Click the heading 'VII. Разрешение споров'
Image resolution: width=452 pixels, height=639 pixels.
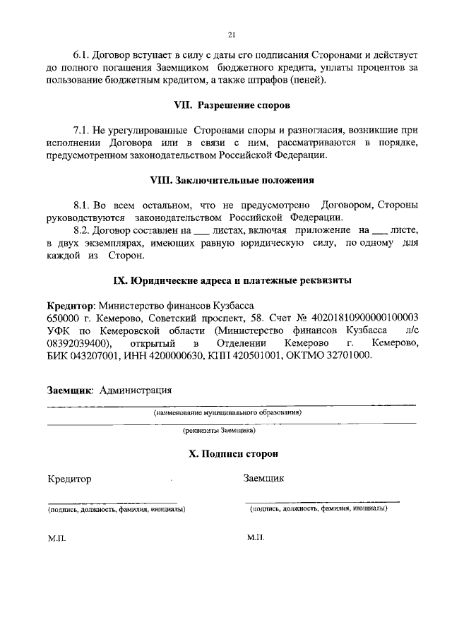point(232,104)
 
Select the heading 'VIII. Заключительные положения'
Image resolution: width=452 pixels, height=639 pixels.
point(232,180)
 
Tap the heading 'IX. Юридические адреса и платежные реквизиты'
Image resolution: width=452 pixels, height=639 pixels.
point(232,280)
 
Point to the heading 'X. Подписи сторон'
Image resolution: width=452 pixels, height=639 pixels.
point(232,454)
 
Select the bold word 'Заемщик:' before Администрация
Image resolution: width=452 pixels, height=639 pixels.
point(71,390)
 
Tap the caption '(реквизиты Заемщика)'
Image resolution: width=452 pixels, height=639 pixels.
point(219,429)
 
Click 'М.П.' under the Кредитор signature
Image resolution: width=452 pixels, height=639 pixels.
point(56,538)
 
